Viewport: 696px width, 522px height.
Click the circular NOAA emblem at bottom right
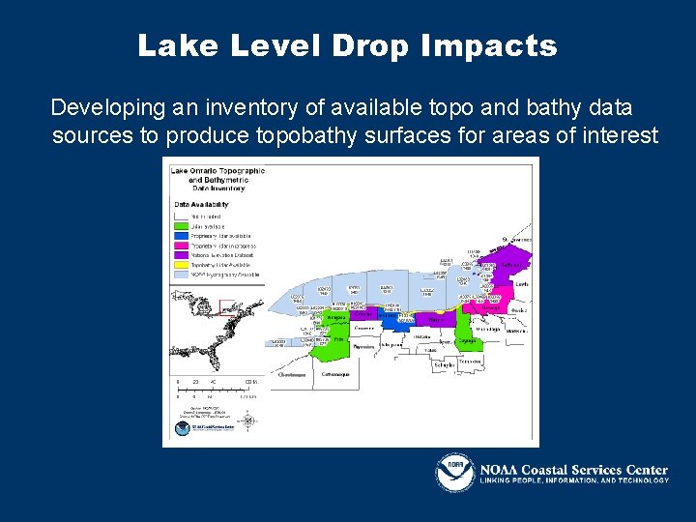point(454,474)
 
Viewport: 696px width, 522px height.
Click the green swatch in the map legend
point(181,226)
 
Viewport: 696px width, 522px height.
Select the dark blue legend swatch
point(181,236)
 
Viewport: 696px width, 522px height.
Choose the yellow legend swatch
point(181,264)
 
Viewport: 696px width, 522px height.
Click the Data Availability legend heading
point(201,205)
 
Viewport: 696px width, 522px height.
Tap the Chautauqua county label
point(292,374)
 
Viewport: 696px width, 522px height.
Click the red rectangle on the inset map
point(229,307)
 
